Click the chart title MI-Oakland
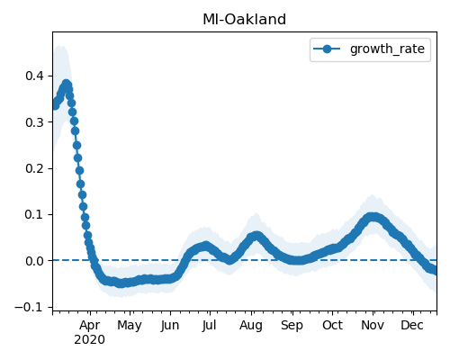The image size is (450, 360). coord(244,20)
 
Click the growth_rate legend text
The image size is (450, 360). coord(387,49)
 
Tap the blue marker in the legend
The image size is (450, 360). coord(327,49)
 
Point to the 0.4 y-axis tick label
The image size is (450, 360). coord(35,76)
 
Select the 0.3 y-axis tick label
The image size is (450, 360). coord(35,122)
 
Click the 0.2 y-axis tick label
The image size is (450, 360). coord(35,168)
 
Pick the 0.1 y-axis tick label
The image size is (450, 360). coord(35,215)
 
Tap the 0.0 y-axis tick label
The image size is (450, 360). coord(35,261)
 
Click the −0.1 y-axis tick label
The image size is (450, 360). coord(29,307)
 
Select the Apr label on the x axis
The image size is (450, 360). coord(90,325)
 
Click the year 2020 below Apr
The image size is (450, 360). coord(90,340)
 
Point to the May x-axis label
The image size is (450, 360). coord(130,326)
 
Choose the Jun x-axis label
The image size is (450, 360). coord(170,326)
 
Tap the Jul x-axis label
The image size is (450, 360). coord(209,326)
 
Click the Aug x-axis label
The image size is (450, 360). coord(251,326)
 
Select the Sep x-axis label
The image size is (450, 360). coord(292,326)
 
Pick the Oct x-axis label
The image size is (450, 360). coord(332,325)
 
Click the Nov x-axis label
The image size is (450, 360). coord(373,325)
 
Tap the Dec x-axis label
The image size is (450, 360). coord(412,325)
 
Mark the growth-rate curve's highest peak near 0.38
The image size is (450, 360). coord(67,84)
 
